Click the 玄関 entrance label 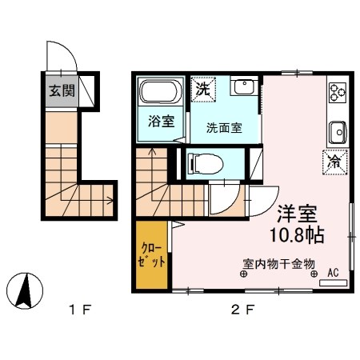60,91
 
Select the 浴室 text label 161,122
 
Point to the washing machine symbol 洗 202,90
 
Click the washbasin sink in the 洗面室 243,86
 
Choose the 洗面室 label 223,126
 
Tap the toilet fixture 202,164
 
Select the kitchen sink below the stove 337,130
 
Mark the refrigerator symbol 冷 334,160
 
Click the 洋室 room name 298,214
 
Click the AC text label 333,272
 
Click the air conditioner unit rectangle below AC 334,282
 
